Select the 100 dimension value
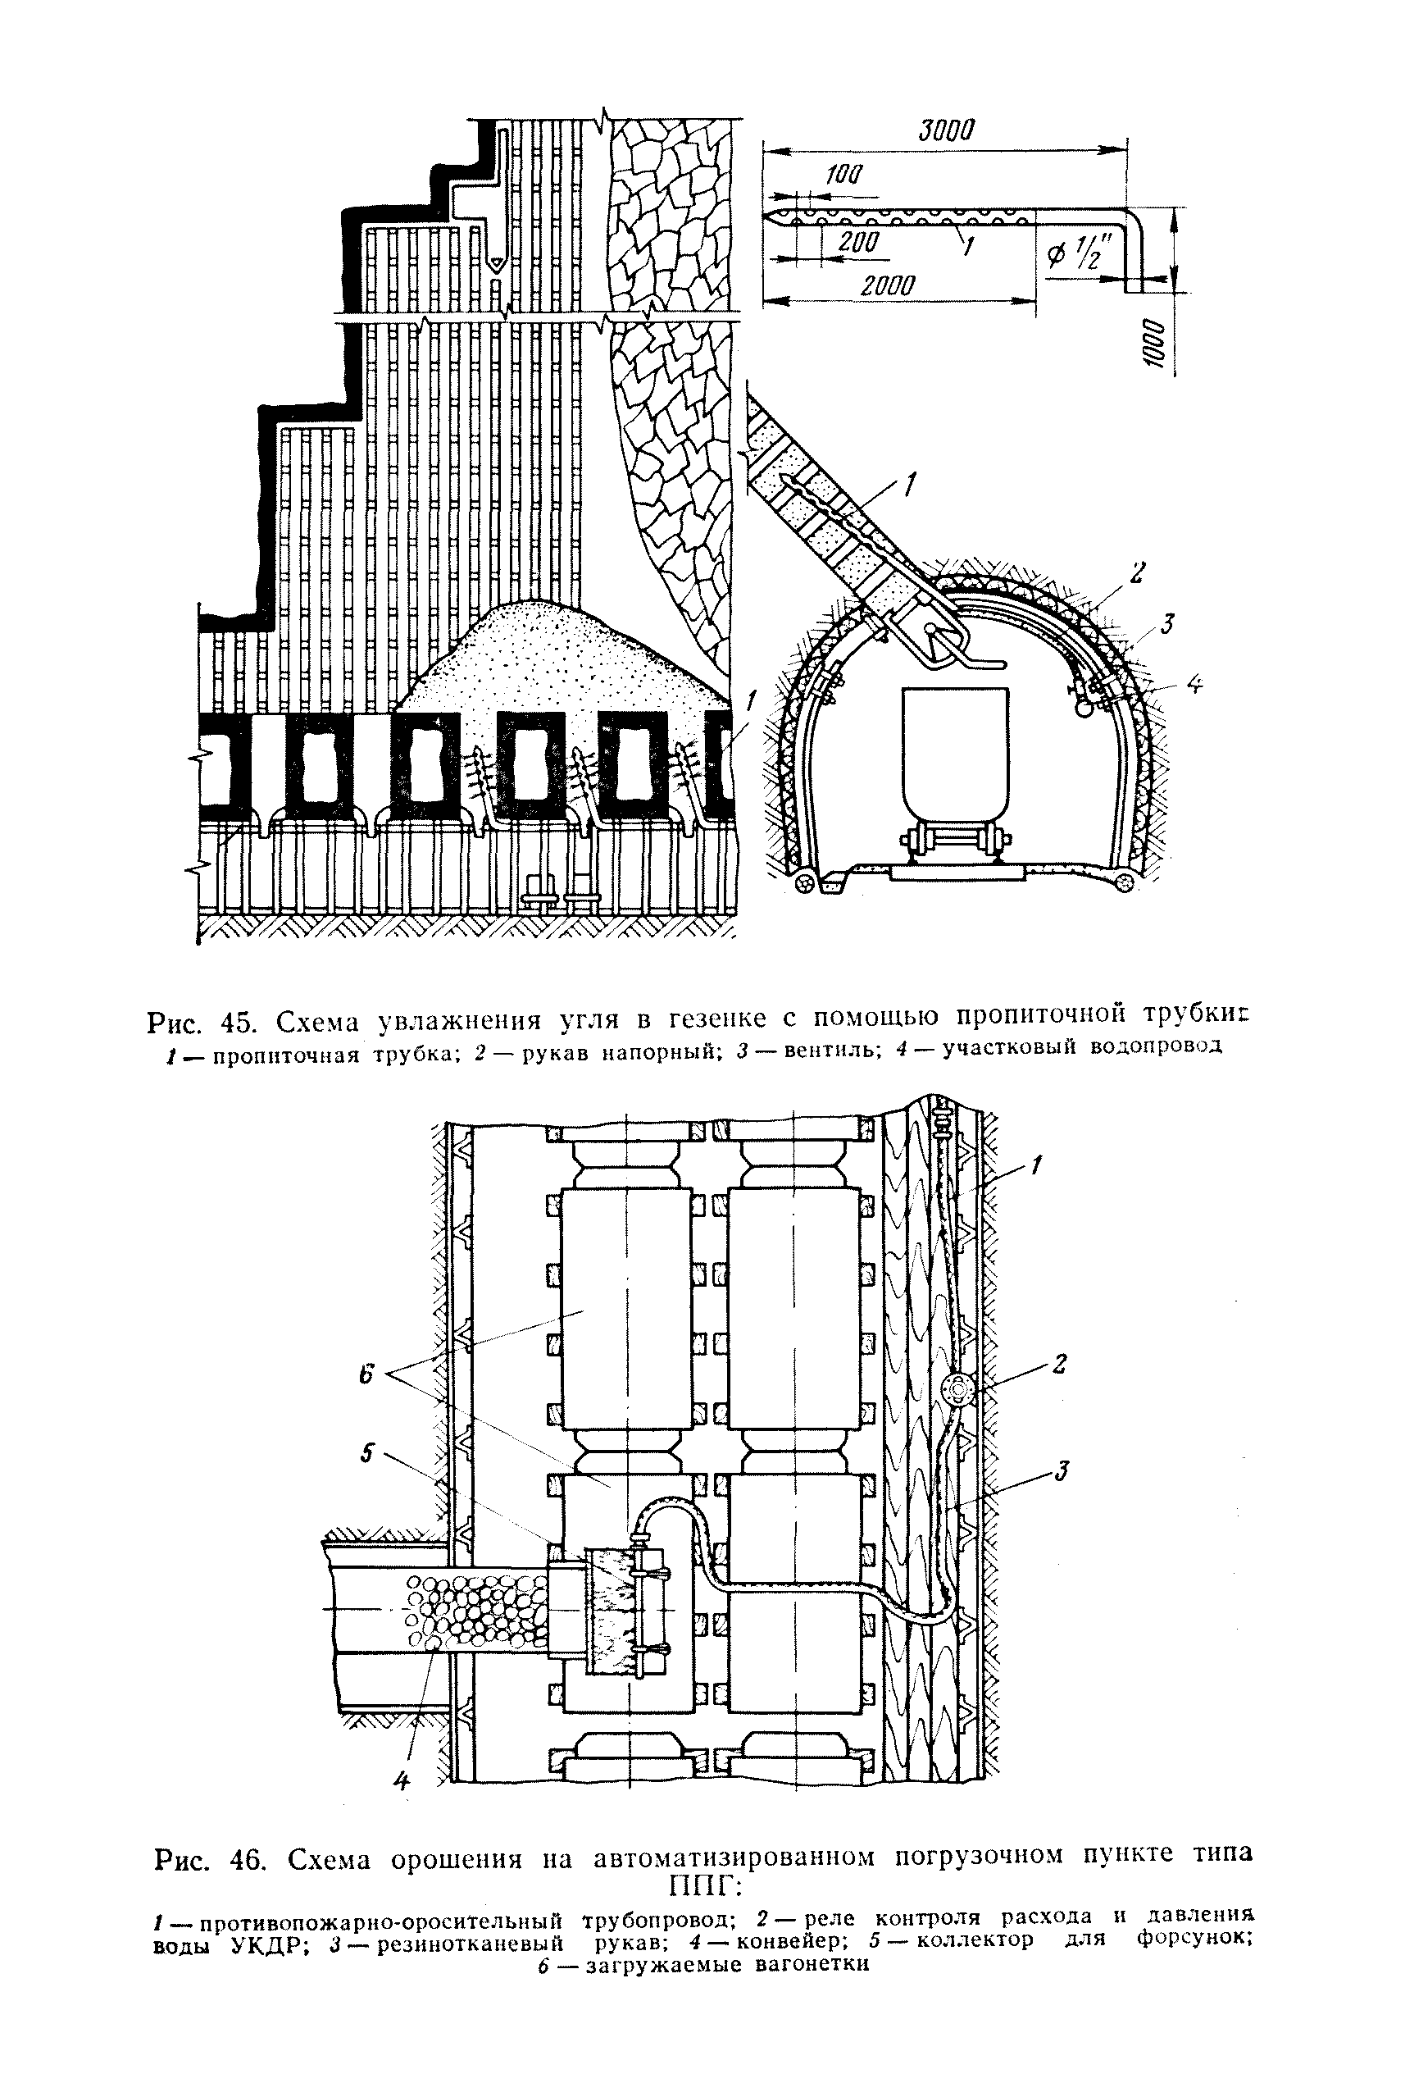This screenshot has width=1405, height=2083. click(841, 175)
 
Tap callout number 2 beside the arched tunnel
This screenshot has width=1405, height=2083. click(1136, 572)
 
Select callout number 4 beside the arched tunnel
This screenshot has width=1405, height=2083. click(1194, 685)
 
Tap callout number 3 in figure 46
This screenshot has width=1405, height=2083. click(1062, 1471)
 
